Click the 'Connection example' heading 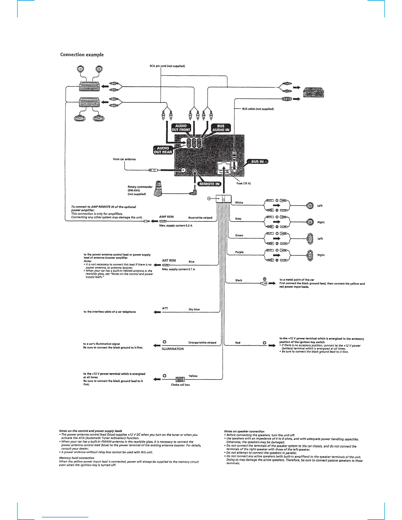[x=82, y=54]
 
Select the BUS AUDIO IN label [x=221, y=128]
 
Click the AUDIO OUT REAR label [x=163, y=150]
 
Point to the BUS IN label [x=258, y=162]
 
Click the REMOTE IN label [x=210, y=184]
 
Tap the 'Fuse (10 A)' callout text [x=243, y=183]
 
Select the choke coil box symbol [x=180, y=379]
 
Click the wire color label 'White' [x=239, y=203]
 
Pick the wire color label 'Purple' [x=239, y=252]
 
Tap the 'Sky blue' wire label [x=194, y=309]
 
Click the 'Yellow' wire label [x=193, y=376]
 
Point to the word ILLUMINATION [x=173, y=349]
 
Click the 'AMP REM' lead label [x=166, y=217]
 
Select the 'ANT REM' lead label [x=169, y=261]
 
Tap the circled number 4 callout [x=209, y=198]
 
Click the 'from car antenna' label [x=124, y=159]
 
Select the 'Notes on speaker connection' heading [x=244, y=431]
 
